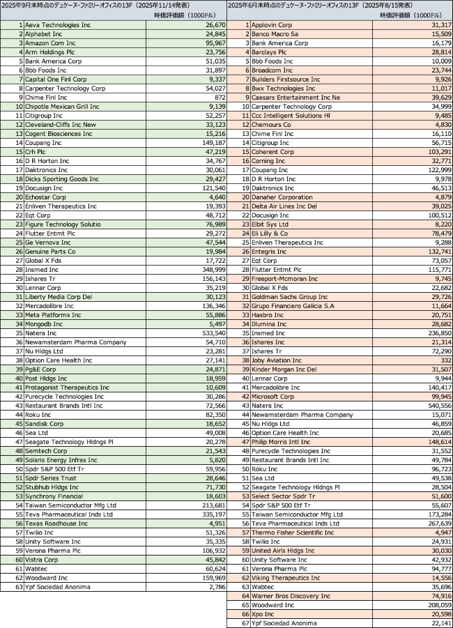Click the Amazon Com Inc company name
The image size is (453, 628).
click(x=52, y=43)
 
